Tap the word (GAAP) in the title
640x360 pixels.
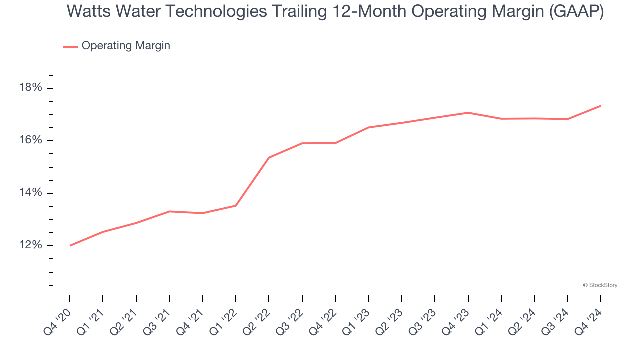(x=576, y=12)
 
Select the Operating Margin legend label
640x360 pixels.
(x=126, y=46)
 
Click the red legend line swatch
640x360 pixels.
(x=70, y=46)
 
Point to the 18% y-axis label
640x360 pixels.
(x=31, y=88)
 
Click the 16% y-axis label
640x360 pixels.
(x=31, y=140)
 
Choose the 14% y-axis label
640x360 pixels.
(x=31, y=193)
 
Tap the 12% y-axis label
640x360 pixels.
(x=31, y=245)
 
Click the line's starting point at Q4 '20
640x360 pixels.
(x=70, y=245)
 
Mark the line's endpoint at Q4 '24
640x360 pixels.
(x=600, y=106)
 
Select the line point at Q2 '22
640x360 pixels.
(x=269, y=158)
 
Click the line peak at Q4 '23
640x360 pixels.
(x=468, y=113)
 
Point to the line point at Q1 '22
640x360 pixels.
(x=236, y=205)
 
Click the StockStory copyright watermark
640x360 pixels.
(x=600, y=285)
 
